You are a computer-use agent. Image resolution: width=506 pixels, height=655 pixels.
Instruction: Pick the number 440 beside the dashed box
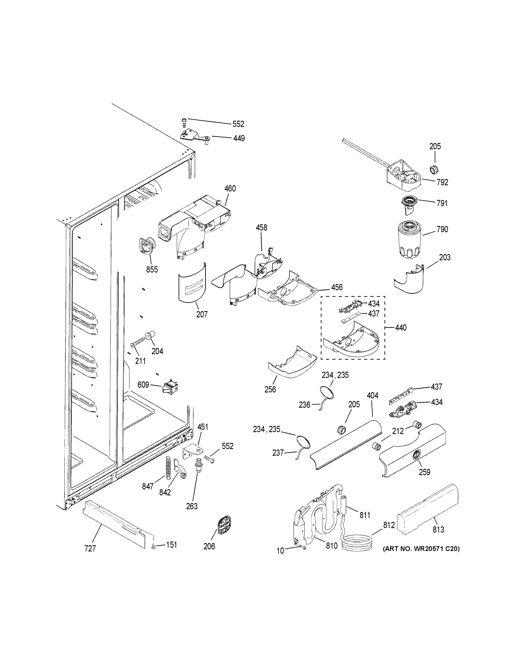(x=401, y=327)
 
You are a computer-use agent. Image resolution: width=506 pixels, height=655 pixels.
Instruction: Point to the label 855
(x=152, y=269)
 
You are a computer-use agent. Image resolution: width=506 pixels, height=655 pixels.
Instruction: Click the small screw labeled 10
(x=304, y=548)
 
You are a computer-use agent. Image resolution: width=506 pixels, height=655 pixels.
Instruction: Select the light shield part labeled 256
(x=292, y=364)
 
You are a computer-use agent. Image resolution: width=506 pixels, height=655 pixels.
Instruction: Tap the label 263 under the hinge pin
(x=192, y=506)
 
